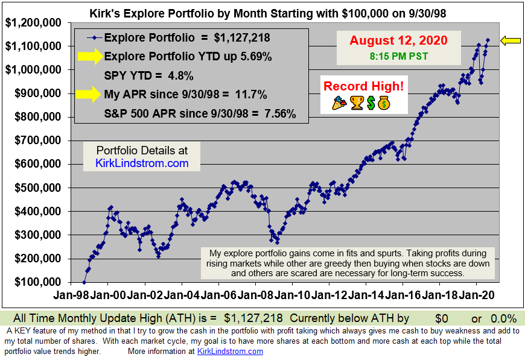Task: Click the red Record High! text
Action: [x=363, y=86]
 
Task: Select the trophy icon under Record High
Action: [x=357, y=103]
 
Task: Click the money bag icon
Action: [x=384, y=103]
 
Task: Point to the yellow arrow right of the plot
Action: [x=511, y=40]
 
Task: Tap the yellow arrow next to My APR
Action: [x=88, y=93]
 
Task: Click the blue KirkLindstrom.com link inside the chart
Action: [x=142, y=163]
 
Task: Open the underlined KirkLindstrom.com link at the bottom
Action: [x=230, y=351]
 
